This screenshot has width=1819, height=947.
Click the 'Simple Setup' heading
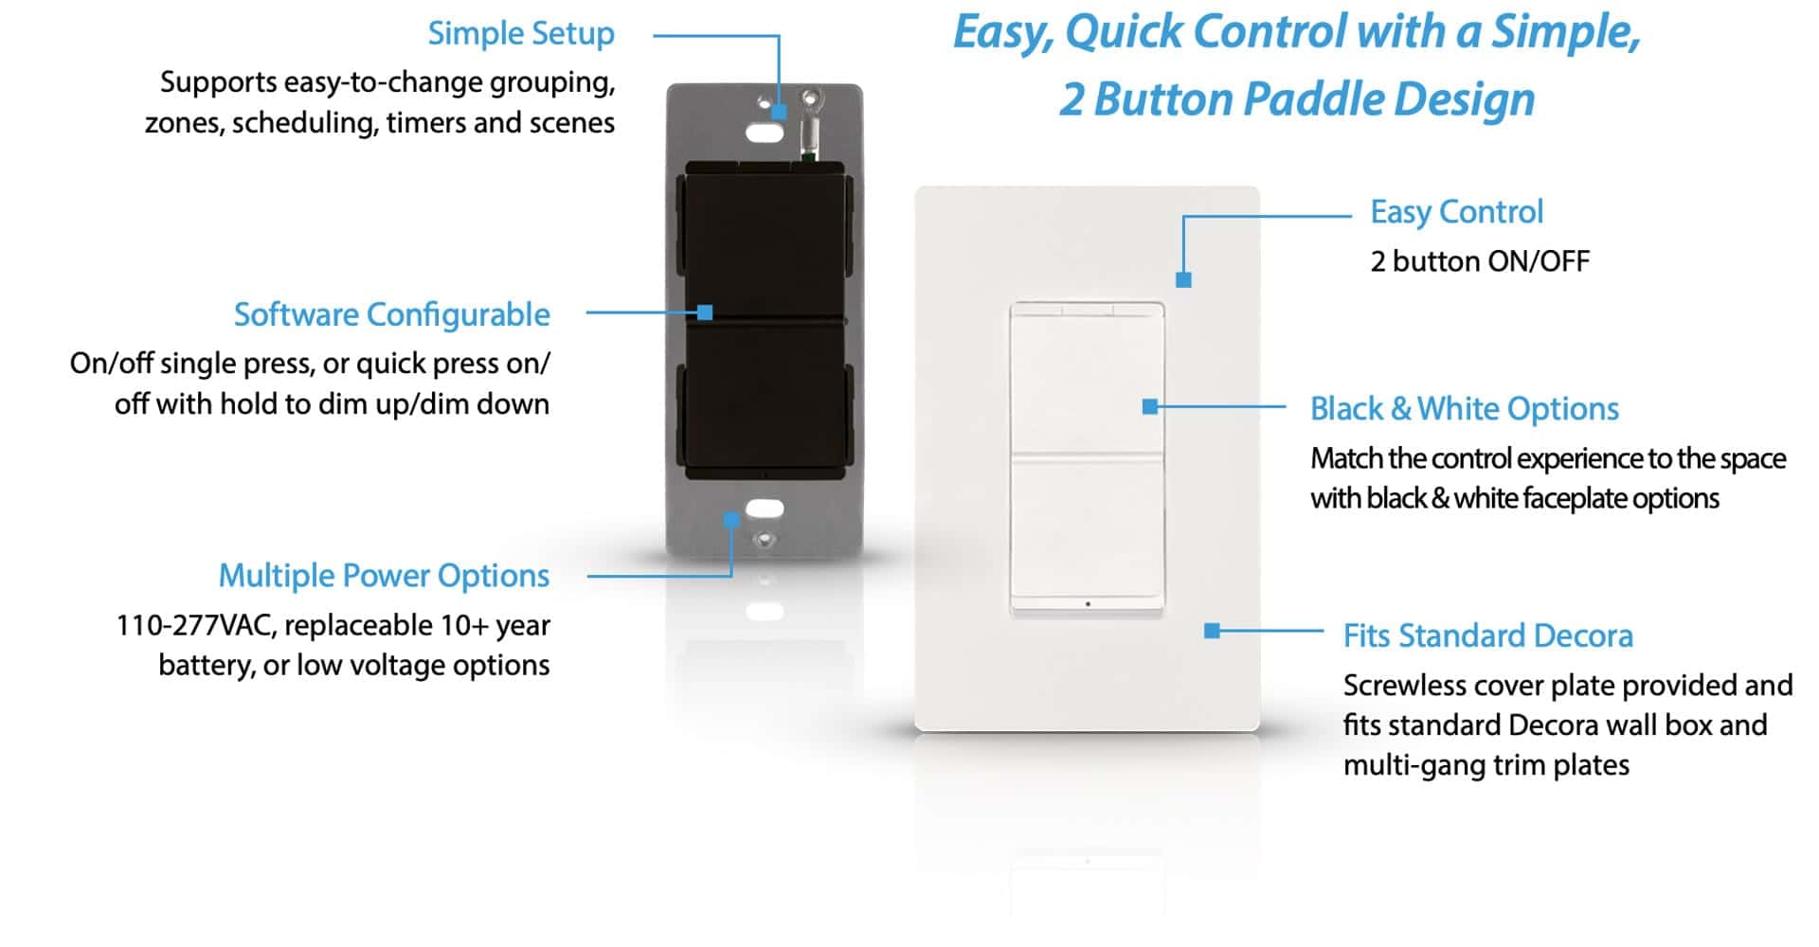coord(521,34)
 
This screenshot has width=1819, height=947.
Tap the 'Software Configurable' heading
coord(391,314)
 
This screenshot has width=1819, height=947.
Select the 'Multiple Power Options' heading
coord(384,576)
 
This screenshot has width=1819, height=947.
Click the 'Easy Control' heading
coord(1456,212)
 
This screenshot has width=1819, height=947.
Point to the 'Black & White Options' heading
coord(1465,409)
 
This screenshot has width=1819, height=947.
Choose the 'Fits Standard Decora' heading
coord(1488,635)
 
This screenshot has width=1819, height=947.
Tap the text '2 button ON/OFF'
coord(1480,261)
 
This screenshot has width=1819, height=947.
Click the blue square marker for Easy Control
coord(1183,280)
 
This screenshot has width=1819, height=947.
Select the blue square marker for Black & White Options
coord(1150,407)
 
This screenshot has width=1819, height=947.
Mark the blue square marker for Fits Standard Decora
coord(1212,631)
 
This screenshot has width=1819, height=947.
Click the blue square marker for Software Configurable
coord(705,313)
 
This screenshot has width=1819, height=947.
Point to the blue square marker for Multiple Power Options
coord(731,520)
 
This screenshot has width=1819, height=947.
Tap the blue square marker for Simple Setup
coord(779,112)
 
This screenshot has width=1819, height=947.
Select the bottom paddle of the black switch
coord(765,400)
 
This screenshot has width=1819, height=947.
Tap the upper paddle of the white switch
coord(1088,379)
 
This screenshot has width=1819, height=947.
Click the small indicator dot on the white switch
coord(1088,603)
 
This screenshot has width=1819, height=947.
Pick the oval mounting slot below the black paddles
coord(765,509)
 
